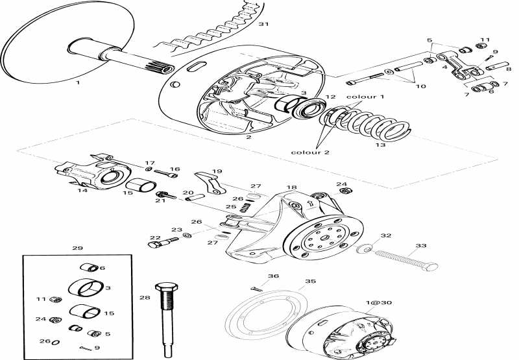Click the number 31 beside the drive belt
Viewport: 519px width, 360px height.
[x=263, y=25]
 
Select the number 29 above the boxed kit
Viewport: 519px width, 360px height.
[x=77, y=248]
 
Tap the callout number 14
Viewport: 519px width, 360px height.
[x=82, y=191]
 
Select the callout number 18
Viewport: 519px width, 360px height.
[x=291, y=187]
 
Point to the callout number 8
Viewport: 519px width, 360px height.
[x=508, y=68]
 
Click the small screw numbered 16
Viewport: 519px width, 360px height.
[x=163, y=173]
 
